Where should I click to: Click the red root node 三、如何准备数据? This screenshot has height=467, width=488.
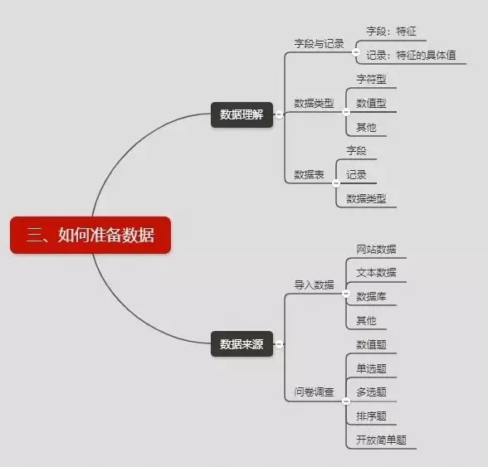click(x=90, y=235)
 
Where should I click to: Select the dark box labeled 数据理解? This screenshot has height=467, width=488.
click(x=242, y=114)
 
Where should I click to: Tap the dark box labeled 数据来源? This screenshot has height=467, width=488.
click(x=242, y=343)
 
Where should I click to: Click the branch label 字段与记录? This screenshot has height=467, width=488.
click(x=319, y=44)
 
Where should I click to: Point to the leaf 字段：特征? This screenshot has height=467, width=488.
click(x=391, y=32)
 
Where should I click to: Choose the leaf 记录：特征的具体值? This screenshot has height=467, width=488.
click(x=411, y=55)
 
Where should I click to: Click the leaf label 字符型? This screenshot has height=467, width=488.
click(x=371, y=79)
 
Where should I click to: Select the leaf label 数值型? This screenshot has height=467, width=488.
click(x=371, y=103)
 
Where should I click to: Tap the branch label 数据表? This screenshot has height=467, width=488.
click(x=309, y=174)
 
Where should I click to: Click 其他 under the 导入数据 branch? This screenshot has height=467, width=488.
click(x=366, y=320)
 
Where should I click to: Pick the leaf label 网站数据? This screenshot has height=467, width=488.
click(x=376, y=249)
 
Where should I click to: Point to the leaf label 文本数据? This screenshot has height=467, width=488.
click(x=376, y=273)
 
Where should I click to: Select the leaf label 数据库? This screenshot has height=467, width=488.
click(x=371, y=296)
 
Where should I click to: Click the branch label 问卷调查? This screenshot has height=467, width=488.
click(x=314, y=392)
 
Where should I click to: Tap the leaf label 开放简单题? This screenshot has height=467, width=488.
click(x=381, y=440)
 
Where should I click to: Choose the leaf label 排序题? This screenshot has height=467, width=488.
click(x=371, y=416)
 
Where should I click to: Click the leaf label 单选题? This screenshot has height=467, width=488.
click(x=371, y=368)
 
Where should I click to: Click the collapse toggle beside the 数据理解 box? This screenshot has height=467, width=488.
click(x=279, y=114)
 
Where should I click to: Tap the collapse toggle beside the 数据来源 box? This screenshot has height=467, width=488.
click(x=279, y=344)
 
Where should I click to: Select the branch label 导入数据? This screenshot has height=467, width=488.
click(x=314, y=285)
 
